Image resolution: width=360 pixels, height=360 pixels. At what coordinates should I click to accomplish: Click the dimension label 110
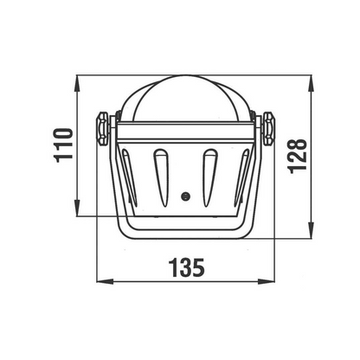(63, 145)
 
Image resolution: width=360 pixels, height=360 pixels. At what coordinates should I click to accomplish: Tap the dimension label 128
(298, 156)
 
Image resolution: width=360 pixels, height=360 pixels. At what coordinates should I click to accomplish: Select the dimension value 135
(187, 267)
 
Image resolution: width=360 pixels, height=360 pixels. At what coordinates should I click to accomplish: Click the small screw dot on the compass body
(186, 196)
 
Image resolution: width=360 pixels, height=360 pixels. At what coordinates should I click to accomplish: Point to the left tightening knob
(102, 129)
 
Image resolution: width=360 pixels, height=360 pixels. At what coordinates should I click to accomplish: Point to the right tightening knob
(268, 129)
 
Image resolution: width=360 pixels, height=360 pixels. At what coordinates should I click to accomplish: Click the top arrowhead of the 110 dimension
(77, 84)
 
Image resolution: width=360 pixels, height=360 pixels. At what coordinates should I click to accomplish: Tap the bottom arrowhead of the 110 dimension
(77, 208)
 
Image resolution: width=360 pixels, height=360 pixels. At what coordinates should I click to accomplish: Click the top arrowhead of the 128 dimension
(311, 84)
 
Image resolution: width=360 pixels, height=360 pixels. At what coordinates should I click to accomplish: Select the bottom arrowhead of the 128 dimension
(311, 230)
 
